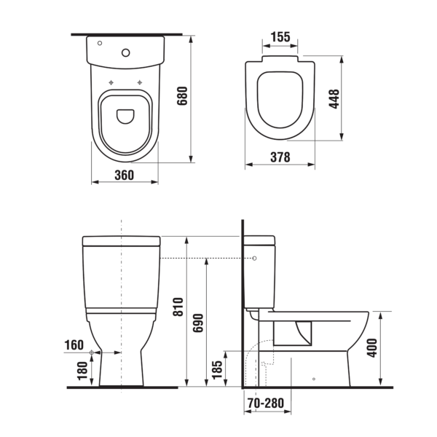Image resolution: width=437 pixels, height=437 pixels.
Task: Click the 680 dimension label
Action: [183, 96]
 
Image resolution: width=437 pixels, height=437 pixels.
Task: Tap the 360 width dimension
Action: [125, 175]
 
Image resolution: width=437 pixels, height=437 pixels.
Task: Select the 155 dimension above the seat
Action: [280, 37]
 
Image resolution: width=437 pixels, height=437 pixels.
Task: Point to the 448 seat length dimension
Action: [334, 98]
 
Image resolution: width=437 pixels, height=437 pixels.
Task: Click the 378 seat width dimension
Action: [280, 157]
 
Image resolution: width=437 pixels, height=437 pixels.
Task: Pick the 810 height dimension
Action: [178, 307]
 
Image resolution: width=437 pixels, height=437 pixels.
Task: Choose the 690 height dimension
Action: [198, 323]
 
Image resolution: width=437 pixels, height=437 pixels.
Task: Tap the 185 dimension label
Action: [217, 370]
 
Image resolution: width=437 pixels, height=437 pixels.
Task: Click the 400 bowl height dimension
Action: [371, 348]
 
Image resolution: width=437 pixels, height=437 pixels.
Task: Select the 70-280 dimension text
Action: [266, 403]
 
